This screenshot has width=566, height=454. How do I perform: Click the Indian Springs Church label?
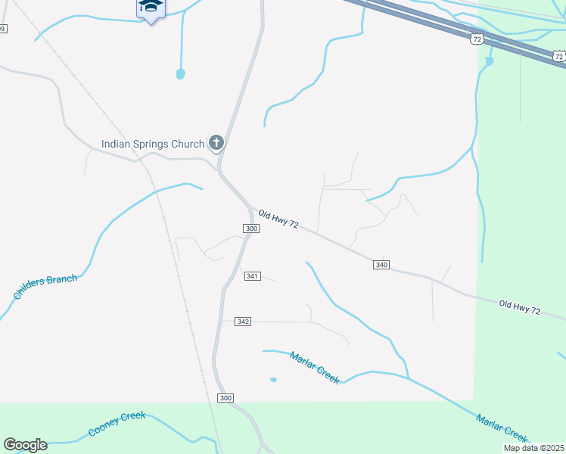(153, 144)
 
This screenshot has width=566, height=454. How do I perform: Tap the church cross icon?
(216, 142)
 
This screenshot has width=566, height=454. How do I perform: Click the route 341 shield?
(253, 276)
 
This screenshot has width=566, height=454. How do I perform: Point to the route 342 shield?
(243, 322)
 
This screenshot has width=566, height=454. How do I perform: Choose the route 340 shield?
(381, 264)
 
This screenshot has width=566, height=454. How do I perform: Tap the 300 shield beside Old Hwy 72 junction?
(252, 228)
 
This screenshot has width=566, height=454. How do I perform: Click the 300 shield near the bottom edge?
(225, 398)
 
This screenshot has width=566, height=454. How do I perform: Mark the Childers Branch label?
(45, 288)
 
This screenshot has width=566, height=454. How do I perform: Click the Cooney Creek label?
(117, 424)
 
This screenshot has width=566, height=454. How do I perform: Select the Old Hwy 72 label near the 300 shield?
(278, 221)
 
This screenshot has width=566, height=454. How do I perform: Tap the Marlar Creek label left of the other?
(315, 367)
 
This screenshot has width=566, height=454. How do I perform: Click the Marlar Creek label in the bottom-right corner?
(501, 428)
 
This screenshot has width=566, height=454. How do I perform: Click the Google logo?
(25, 444)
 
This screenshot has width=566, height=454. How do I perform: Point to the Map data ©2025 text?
(534, 448)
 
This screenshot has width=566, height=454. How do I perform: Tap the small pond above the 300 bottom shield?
(272, 379)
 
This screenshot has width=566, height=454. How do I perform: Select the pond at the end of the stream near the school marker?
(180, 73)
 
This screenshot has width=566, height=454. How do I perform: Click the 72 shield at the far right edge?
(558, 56)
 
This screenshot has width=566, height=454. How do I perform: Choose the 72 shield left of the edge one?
(476, 38)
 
